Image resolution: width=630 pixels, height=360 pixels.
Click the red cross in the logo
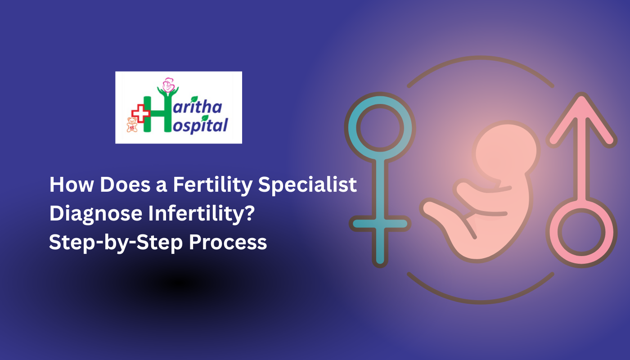[141, 113]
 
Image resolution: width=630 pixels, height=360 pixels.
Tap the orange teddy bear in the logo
[132, 125]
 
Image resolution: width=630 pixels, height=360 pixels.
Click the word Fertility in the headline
[211, 185]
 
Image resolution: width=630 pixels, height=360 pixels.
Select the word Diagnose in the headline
[94, 214]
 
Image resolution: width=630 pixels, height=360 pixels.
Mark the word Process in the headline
[228, 243]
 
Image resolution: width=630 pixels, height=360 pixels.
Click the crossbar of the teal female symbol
[380, 224]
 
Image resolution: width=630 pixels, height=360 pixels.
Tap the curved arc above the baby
[480, 63]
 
